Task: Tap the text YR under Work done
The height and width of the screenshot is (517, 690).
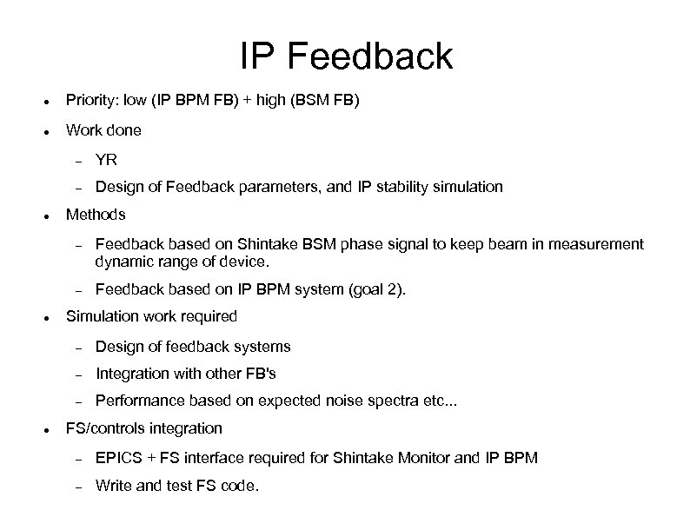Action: pos(106,160)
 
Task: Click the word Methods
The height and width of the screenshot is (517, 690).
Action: pos(96,214)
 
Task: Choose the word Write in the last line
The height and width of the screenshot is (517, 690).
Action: pos(113,485)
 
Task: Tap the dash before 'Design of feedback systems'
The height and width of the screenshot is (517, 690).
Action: pos(77,348)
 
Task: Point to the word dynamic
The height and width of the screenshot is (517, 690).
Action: pos(123,261)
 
